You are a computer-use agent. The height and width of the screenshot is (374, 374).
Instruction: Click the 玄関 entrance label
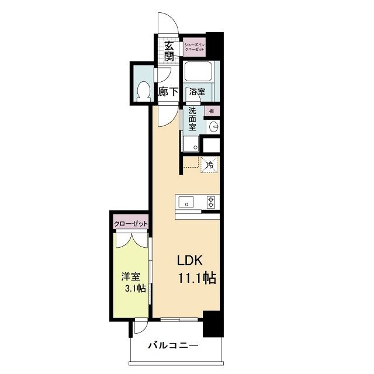(169, 51)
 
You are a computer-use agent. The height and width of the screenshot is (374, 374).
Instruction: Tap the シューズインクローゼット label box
(194, 47)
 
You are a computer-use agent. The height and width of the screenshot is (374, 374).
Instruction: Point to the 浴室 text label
(197, 92)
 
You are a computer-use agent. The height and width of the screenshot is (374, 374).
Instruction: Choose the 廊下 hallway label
(168, 92)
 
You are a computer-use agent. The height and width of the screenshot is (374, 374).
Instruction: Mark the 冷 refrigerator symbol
(209, 165)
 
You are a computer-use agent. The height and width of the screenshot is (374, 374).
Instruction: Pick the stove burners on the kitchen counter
(210, 202)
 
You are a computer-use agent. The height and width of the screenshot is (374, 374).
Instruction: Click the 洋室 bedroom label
(129, 278)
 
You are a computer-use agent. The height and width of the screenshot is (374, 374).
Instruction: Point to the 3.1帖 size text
(134, 290)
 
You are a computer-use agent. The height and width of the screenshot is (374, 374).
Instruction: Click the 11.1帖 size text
(197, 279)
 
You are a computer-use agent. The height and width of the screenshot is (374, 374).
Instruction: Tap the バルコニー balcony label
(172, 345)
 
